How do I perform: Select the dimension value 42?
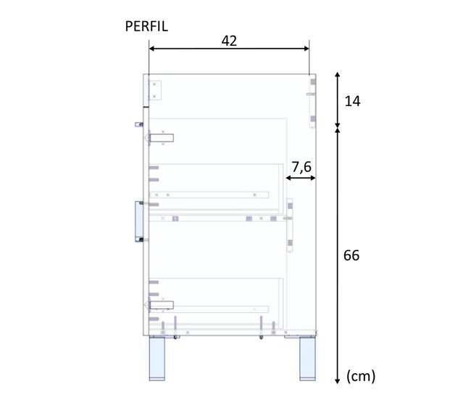[229, 41]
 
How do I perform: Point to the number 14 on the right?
[353, 101]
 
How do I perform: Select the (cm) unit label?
[361, 376]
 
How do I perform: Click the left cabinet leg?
[159, 358]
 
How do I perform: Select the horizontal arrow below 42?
[229, 49]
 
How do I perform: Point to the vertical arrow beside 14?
[337, 101]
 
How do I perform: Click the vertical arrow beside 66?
[337, 256]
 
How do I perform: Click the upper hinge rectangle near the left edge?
[162, 137]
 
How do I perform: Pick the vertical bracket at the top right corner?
[312, 102]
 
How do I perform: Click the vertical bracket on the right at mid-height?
[290, 224]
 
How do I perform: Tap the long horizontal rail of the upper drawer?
[210, 195]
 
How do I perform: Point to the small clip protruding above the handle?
[138, 124]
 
